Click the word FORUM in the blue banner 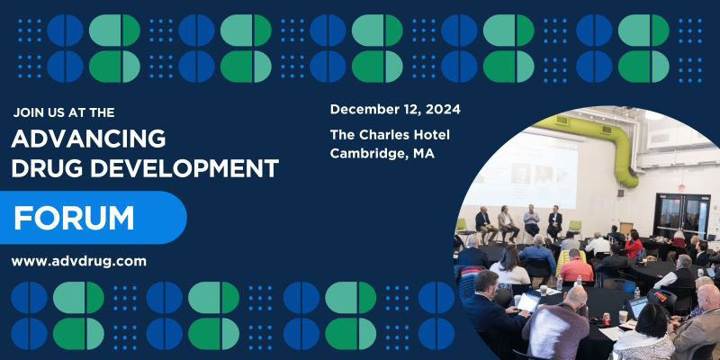[74, 218]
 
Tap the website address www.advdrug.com [79, 262]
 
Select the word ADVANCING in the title [88, 139]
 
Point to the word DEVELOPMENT [184, 168]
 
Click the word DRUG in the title [48, 168]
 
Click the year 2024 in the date [443, 110]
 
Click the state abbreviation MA [424, 154]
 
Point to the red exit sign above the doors [681, 188]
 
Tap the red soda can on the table [607, 319]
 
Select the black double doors [682, 216]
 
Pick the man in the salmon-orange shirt [576, 266]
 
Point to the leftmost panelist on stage [484, 224]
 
